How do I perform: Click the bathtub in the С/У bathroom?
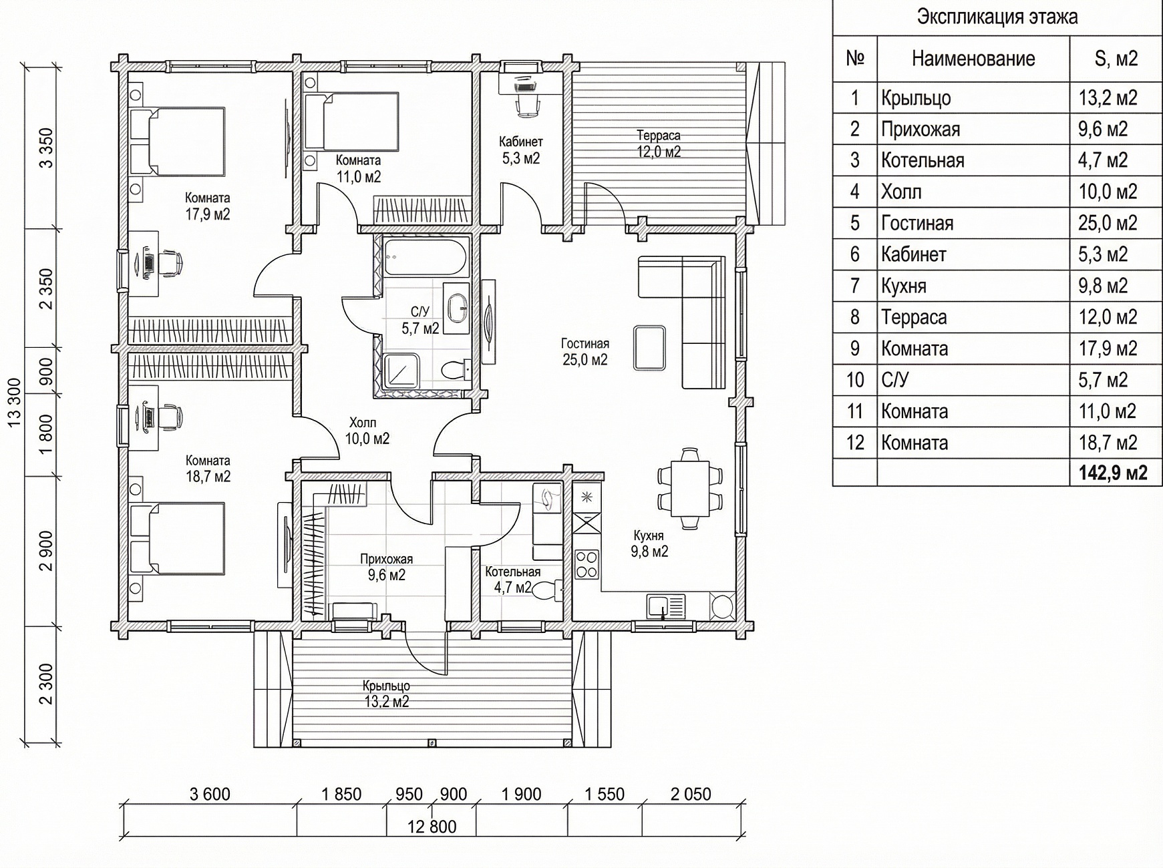[x=427, y=256]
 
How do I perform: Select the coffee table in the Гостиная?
[x=649, y=347]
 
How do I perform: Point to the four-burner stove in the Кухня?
[x=587, y=564]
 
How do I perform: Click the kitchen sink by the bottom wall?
[x=665, y=607]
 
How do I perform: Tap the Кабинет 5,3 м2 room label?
[x=521, y=150]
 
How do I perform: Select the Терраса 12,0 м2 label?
[x=659, y=144]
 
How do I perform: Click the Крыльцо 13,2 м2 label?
[x=386, y=694]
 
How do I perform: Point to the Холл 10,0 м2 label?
[x=367, y=431]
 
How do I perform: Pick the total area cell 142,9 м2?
[x=1113, y=473]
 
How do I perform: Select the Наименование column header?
[x=973, y=59]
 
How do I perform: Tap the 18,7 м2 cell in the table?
[x=1108, y=443]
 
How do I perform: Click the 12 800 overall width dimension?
[x=432, y=827]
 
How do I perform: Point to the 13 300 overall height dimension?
[x=15, y=402]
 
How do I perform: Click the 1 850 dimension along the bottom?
[x=341, y=794]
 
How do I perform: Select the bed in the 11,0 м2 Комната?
[x=351, y=121]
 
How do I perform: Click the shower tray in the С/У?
[x=402, y=371]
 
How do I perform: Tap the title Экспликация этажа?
[x=997, y=17]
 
